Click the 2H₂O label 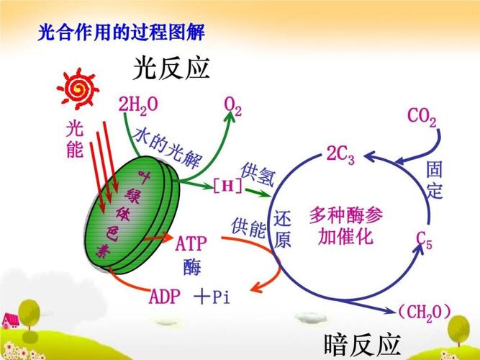tap(138, 106)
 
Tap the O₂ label tap(232, 107)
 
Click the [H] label tap(227, 186)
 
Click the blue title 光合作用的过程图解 tap(121, 32)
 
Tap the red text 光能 tap(75, 139)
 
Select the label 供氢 tap(257, 173)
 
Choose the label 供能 tap(248, 228)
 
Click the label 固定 tap(435, 180)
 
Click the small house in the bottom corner tap(10, 319)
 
